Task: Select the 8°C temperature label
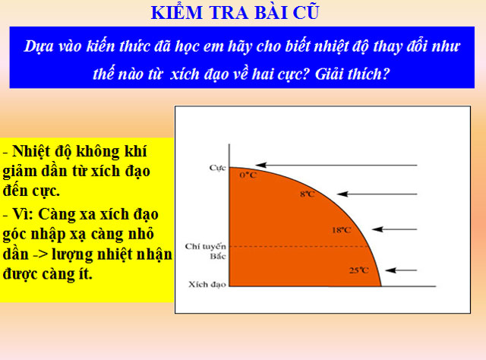pyautogui.click(x=306, y=194)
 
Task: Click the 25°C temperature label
pyautogui.click(x=358, y=270)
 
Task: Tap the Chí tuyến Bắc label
pyautogui.click(x=202, y=251)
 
